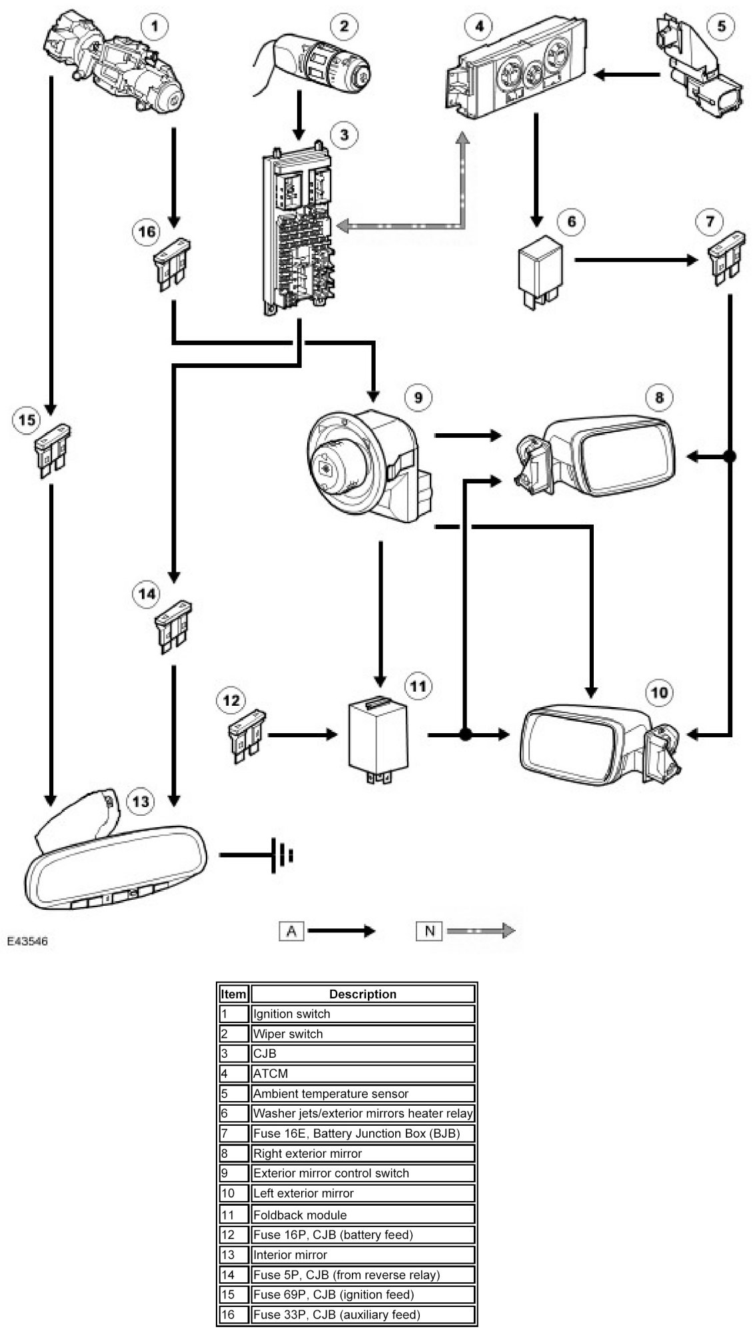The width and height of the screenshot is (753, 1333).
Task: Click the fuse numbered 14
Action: coord(173,627)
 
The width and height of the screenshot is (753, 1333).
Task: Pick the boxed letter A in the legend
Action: coord(291,931)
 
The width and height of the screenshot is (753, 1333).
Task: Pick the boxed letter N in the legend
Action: coord(429,931)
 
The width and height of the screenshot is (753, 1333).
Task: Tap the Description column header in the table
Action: coord(363,994)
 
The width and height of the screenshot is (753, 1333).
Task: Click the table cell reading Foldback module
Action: coord(300,1215)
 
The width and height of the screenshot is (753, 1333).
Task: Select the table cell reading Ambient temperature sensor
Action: coord(331,1094)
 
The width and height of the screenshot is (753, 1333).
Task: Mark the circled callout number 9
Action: coord(418,398)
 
